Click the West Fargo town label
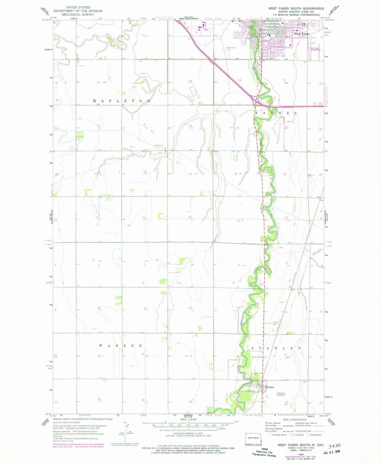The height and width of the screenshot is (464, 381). pos(302,34)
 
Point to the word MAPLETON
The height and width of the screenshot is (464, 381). pos(122,101)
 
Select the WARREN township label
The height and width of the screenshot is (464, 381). pos(121,346)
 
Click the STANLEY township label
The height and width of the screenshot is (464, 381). pos(276,348)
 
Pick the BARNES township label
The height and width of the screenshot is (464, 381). pos(276,113)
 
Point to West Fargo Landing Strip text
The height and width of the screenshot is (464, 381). pos(315,49)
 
